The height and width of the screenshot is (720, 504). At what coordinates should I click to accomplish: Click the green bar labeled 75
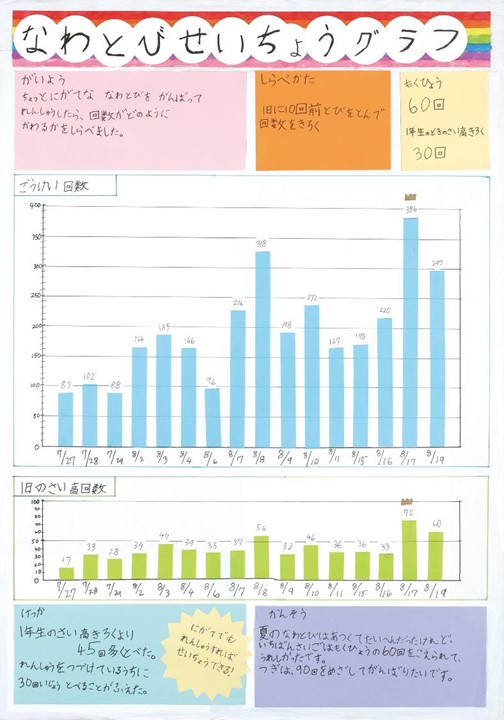408,550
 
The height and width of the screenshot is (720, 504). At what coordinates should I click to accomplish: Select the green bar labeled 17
66,573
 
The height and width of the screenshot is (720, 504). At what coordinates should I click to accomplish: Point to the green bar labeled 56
261,558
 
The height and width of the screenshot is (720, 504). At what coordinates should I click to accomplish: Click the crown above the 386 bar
410,197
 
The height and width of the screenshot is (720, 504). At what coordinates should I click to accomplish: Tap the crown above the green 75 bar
407,501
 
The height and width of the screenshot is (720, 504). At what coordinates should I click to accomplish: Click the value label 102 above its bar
89,377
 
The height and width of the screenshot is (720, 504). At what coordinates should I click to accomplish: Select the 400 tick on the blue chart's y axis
36,206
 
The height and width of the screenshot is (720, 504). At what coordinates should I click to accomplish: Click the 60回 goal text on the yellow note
426,105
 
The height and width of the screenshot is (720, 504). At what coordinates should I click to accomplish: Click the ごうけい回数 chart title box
64,186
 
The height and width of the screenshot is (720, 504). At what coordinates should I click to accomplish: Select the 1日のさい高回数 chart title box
65,488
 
